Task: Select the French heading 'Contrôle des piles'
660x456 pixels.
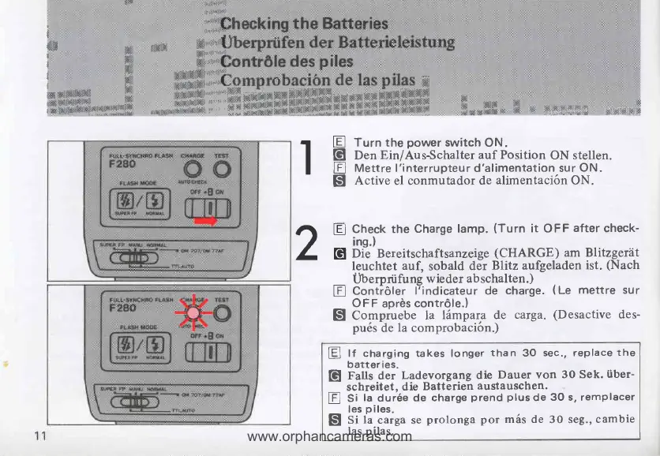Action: click(x=286, y=61)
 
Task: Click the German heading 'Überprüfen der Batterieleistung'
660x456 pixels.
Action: click(x=337, y=42)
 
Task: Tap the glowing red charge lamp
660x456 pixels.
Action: click(x=192, y=313)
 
